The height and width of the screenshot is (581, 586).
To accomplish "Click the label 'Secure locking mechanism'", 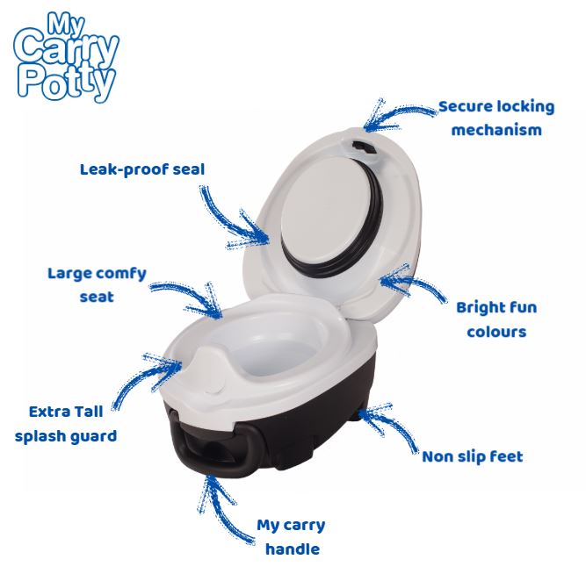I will [496, 118].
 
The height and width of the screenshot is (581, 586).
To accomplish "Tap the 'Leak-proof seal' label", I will [141, 169].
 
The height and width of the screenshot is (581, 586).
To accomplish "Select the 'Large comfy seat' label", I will [97, 284].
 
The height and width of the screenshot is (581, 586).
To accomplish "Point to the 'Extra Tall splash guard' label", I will [66, 423].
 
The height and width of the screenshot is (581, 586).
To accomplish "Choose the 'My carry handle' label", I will [291, 537].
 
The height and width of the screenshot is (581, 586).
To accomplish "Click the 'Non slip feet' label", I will [472, 455].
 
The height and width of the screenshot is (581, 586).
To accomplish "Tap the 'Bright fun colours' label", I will [496, 319].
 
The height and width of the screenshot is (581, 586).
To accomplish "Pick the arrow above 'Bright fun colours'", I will [413, 282].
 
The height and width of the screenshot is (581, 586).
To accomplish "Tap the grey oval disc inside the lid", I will [323, 205].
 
